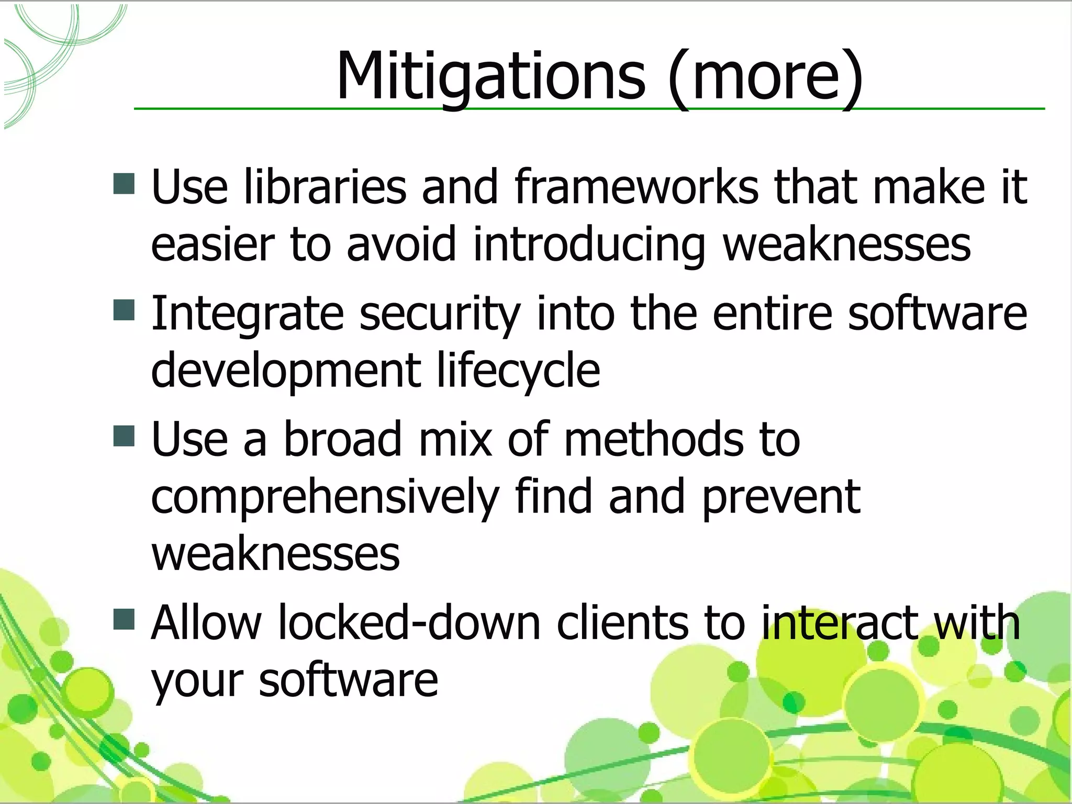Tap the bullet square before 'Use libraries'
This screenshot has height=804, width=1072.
click(124, 184)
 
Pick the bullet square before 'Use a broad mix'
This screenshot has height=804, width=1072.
click(124, 435)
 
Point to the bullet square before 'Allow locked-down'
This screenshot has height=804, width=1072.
click(124, 619)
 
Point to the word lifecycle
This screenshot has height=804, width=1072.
click(518, 370)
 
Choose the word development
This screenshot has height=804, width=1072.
click(286, 370)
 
